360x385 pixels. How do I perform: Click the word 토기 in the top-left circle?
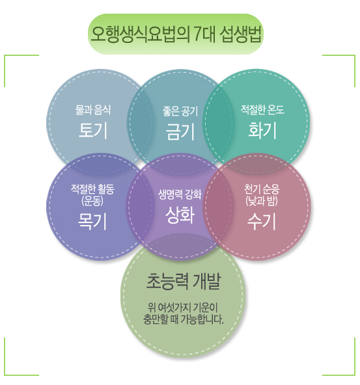pyautogui.click(x=93, y=130)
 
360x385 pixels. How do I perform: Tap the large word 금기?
pyautogui.click(x=180, y=131)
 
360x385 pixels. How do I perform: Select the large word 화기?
pyautogui.click(x=262, y=130)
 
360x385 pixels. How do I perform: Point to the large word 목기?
pyautogui.click(x=92, y=221)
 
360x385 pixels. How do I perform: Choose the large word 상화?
pyautogui.click(x=180, y=215)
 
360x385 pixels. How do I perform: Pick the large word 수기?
pyautogui.click(x=262, y=221)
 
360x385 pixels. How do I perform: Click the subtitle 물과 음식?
pyautogui.click(x=93, y=110)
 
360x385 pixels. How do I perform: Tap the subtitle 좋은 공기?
pyautogui.click(x=180, y=111)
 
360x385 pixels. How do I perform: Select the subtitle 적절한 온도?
pyautogui.click(x=262, y=110)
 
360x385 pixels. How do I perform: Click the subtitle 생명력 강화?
pyautogui.click(x=180, y=194)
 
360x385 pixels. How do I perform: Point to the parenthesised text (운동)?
pyautogui.click(x=92, y=201)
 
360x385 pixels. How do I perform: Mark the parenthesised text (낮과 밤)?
pyautogui.click(x=262, y=201)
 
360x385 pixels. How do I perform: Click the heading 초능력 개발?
pyautogui.click(x=184, y=282)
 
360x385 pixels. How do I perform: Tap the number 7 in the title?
pyautogui.click(x=197, y=34)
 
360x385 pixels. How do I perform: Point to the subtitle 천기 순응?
pyautogui.click(x=262, y=189)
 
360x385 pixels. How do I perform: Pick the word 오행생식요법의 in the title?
pyautogui.click(x=141, y=34)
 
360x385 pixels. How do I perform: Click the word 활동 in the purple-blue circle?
pyautogui.click(x=106, y=189)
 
